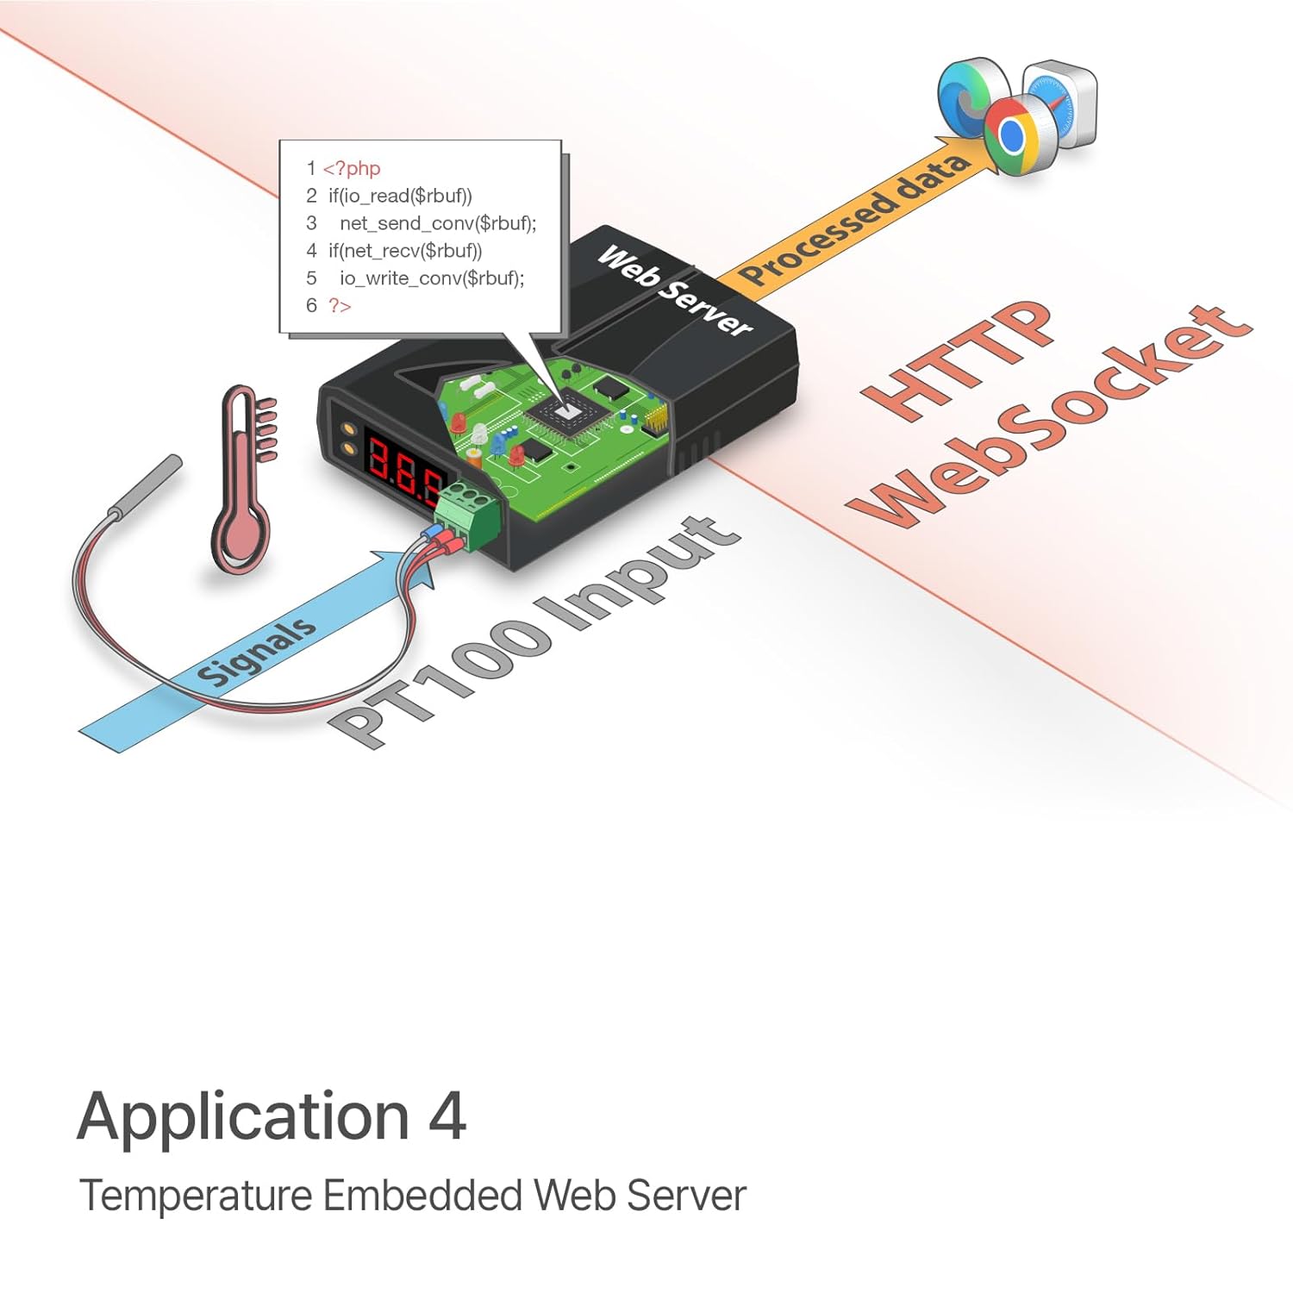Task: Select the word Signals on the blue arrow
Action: click(255, 652)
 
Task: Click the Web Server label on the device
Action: click(675, 290)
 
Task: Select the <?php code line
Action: click(352, 168)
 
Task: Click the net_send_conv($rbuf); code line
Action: click(438, 223)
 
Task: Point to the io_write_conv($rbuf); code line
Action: click(432, 278)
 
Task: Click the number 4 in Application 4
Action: click(447, 1115)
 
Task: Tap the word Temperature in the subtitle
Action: click(196, 1196)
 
